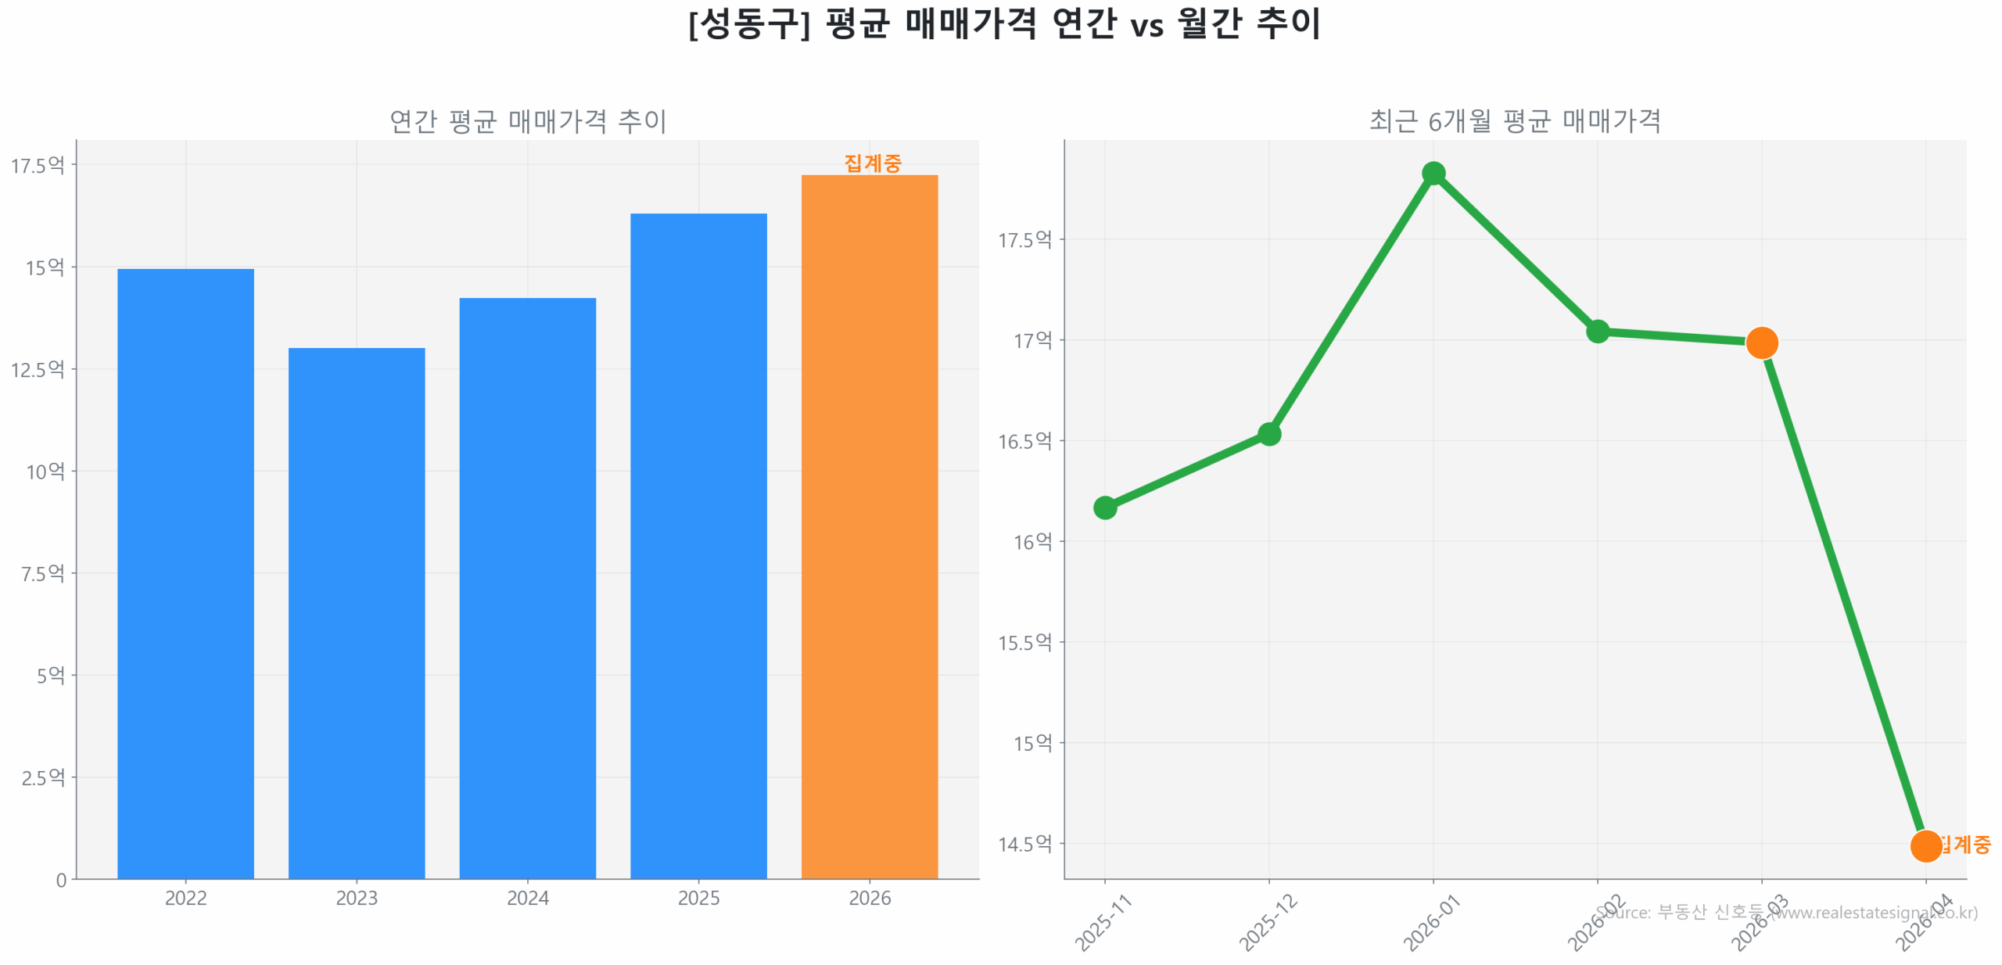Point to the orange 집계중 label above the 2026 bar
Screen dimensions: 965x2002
[872, 163]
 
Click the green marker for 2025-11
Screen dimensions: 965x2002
[1104, 508]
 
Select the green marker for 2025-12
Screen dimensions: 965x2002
[1268, 434]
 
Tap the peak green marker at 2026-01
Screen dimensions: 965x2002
[1433, 173]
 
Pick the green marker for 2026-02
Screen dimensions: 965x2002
[1597, 332]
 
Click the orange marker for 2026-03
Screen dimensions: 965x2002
[1761, 343]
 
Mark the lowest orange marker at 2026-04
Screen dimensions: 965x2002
[1925, 845]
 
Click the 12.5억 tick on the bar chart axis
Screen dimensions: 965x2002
[38, 369]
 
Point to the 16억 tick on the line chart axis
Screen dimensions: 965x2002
[1032, 541]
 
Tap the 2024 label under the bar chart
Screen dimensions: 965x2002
[527, 897]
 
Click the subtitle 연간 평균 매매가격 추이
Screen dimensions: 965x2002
[527, 121]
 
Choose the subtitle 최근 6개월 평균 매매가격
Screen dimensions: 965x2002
[1514, 121]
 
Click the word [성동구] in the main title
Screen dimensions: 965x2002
[748, 23]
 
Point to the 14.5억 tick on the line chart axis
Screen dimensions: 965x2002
[1024, 843]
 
